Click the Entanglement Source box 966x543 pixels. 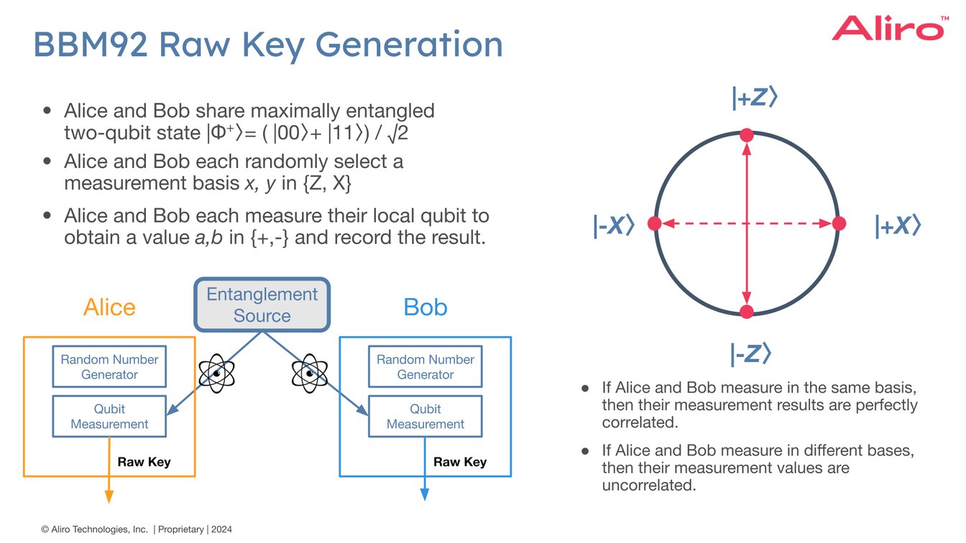point(262,305)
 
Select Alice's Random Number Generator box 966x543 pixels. point(109,367)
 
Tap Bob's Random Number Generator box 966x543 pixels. point(425,367)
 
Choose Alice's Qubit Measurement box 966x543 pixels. point(109,417)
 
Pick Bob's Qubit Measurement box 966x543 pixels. point(425,417)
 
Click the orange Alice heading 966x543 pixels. point(109,307)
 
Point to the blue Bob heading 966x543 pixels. point(425,307)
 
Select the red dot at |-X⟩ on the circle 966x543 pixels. point(654,224)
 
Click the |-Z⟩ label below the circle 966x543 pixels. point(750,353)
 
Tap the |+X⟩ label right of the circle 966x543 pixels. point(897,226)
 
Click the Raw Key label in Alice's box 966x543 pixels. point(144,462)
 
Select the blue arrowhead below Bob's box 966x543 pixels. point(424,494)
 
